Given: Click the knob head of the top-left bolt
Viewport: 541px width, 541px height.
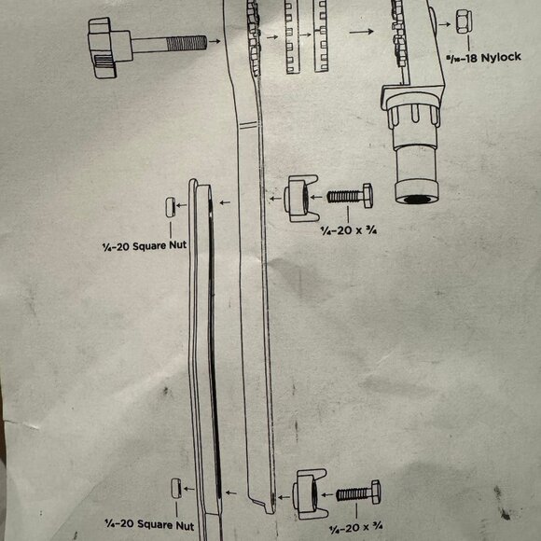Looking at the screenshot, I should click(x=102, y=43).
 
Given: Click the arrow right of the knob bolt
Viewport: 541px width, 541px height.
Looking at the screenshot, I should click(x=214, y=42).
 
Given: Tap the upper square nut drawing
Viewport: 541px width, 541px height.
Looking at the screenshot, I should click(x=169, y=207).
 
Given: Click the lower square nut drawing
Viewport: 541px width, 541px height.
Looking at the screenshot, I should click(x=173, y=488).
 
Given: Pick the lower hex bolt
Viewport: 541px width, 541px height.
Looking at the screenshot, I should click(x=359, y=493).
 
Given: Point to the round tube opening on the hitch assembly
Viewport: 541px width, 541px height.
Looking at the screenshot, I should click(x=412, y=198).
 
